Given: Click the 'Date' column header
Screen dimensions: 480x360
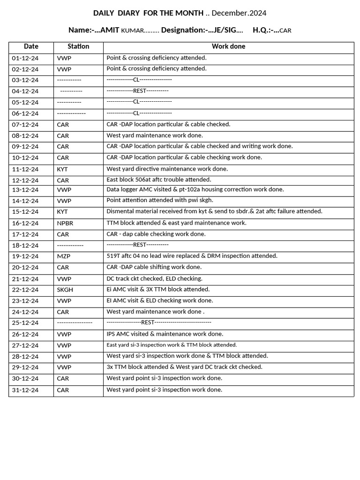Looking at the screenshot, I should tap(31, 46).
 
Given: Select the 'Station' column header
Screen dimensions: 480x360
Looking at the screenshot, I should tap(78, 46).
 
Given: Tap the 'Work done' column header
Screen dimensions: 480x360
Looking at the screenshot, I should tap(228, 46).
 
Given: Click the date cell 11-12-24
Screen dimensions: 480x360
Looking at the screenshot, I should tap(25, 169).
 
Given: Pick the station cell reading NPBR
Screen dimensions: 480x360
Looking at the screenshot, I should tap(65, 223).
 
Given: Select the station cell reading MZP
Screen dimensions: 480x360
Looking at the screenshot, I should tap(64, 256).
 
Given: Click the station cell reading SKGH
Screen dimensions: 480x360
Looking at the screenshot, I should tap(65, 290).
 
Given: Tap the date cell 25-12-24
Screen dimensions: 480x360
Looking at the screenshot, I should tap(25, 323).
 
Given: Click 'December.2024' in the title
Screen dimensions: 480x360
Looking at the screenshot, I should tap(239, 13).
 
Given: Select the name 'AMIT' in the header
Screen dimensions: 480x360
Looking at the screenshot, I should tap(110, 30).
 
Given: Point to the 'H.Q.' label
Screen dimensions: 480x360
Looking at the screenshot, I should tap(262, 30).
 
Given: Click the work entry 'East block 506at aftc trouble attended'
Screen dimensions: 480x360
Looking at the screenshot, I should tap(159, 180).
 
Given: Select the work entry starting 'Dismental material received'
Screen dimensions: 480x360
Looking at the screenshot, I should tap(214, 211).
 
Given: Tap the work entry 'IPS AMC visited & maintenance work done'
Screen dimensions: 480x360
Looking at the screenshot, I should tap(165, 334).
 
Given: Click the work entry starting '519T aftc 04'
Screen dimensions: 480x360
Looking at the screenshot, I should tap(192, 256).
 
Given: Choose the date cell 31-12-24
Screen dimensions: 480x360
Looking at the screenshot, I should tap(25, 390).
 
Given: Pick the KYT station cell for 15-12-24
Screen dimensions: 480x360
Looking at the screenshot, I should tap(62, 212).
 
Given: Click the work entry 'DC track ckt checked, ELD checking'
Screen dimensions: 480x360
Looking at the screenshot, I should tap(154, 278).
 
